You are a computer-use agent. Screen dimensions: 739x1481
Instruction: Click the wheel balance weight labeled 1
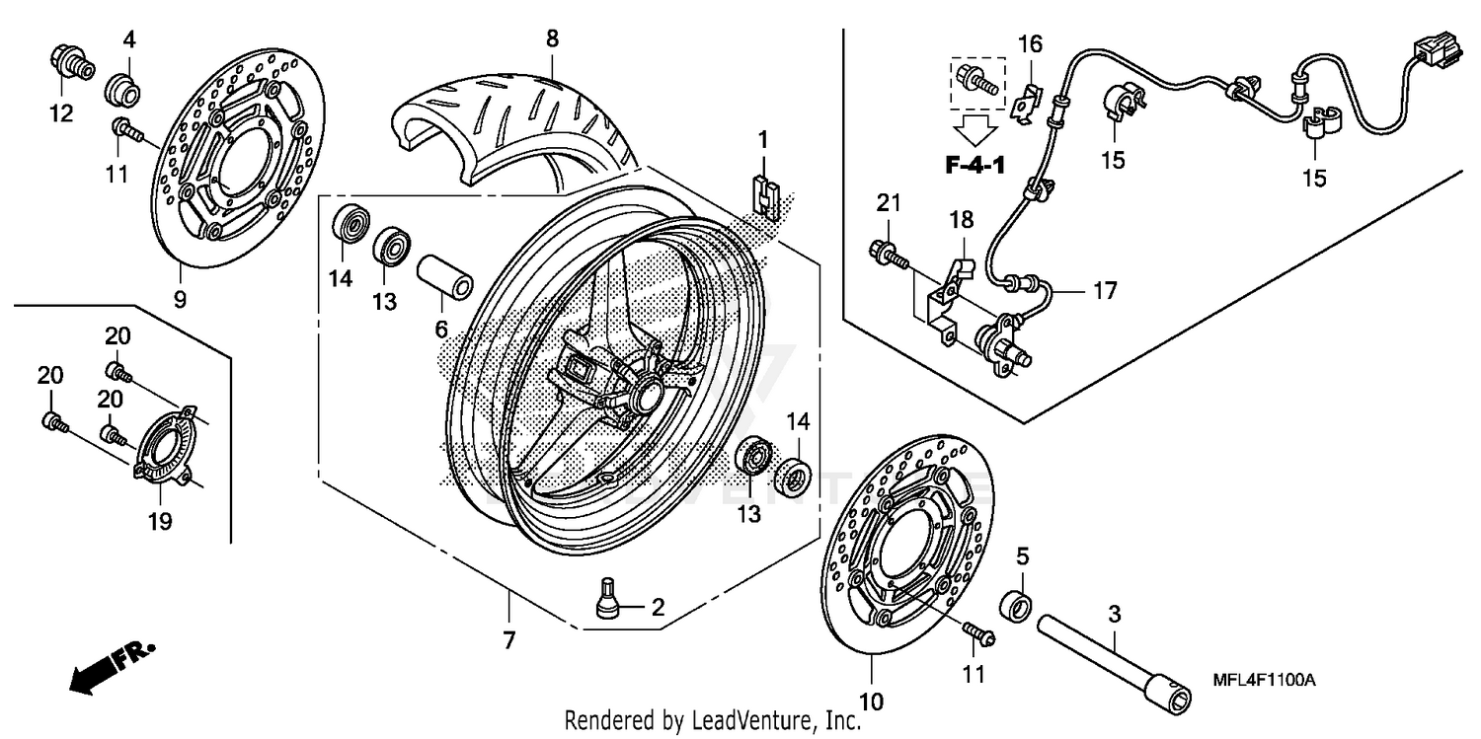point(765,194)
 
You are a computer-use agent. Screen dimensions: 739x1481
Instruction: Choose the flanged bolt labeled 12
point(70,62)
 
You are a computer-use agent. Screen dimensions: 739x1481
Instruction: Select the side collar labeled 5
point(1017,602)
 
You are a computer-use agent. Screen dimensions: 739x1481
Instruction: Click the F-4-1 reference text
point(974,165)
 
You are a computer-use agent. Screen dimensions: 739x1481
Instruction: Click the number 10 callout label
point(872,702)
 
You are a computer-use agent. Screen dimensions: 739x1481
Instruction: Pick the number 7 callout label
point(508,640)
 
